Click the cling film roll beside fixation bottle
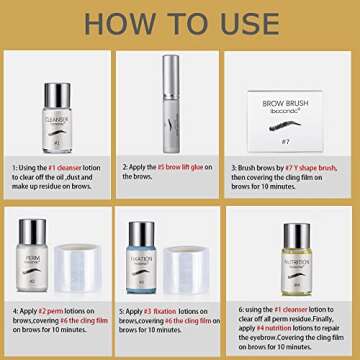[x=201, y=264]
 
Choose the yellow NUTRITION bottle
[x=298, y=258]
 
